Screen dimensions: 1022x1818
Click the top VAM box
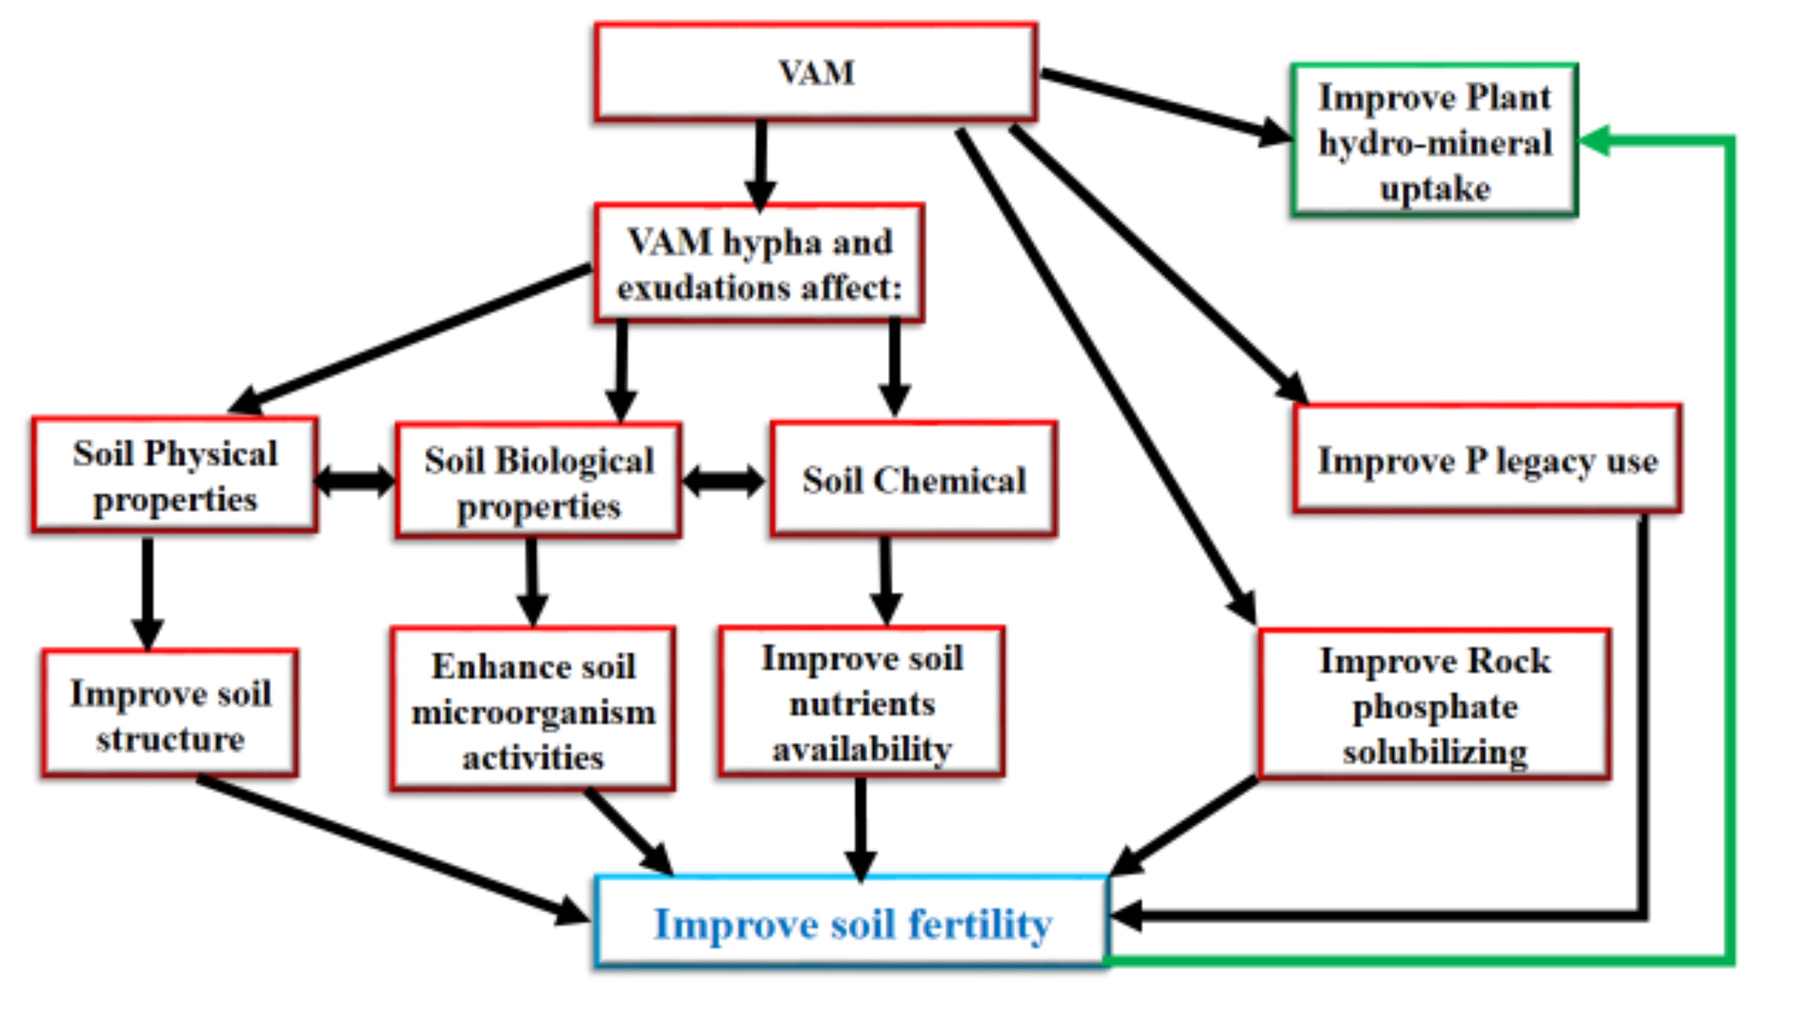[816, 72]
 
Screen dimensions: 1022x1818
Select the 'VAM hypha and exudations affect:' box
[759, 263]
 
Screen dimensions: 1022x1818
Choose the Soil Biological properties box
[539, 481]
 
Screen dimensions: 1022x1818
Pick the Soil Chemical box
[914, 480]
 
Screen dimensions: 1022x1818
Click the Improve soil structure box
[170, 714]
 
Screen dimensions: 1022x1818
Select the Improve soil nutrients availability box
[862, 702]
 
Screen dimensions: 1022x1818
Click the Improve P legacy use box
[1488, 460]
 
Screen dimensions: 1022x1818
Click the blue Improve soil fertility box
[852, 923]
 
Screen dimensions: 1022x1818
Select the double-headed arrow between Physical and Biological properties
[355, 481]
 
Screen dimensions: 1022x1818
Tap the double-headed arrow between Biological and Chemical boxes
[724, 481]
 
